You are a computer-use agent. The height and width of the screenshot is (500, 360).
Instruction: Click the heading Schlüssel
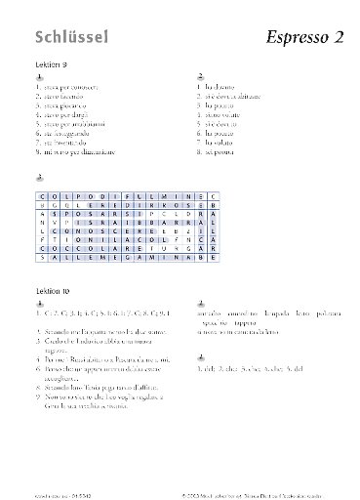coord(71,37)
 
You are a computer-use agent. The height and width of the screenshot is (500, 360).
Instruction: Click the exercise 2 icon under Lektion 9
coord(200,76)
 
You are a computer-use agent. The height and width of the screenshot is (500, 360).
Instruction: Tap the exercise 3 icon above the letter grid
coord(38,178)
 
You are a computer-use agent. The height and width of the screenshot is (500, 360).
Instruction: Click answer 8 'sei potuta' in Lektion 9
coord(216,151)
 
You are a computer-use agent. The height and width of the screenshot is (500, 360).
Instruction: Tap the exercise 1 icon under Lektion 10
coord(38,303)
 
